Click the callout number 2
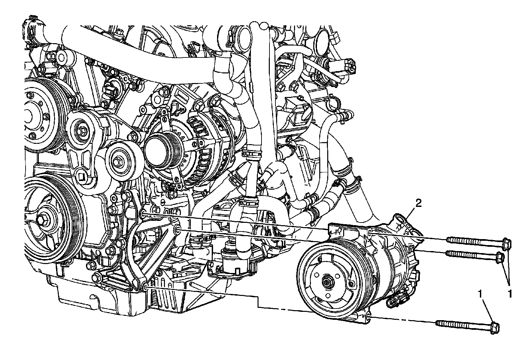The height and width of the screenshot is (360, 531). click(418, 203)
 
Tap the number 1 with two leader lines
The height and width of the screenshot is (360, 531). click(509, 294)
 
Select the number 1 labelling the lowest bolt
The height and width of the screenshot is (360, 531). click(480, 294)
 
